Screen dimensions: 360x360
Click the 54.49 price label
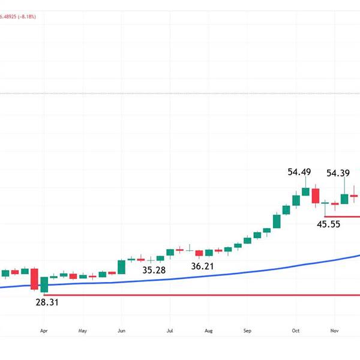click(299, 172)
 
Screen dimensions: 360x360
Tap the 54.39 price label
click(338, 173)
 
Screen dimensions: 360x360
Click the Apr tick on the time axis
click(43, 330)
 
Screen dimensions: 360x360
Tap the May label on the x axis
click(83, 330)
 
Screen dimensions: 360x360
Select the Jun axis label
click(121, 330)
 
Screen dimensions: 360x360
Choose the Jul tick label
click(170, 330)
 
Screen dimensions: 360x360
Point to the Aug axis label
click(208, 330)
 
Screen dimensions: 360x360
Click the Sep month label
click(247, 330)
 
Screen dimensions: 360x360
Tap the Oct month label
click(296, 330)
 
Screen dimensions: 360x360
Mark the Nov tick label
click(335, 330)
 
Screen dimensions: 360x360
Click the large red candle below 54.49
click(315, 196)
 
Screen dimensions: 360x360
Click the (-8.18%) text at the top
click(26, 17)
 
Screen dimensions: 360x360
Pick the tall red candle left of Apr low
click(34, 279)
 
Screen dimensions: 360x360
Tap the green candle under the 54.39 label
click(344, 199)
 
